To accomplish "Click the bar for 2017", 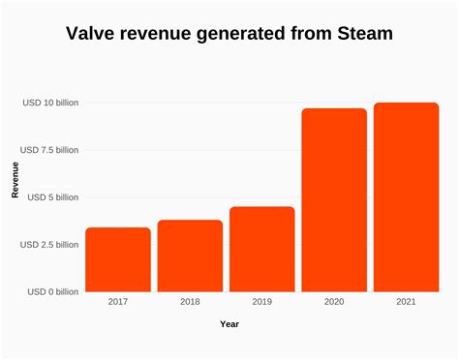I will click(118, 259).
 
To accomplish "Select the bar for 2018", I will click(190, 255).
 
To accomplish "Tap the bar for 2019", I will click(261, 249).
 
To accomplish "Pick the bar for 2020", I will click(334, 199).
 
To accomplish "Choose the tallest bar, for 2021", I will click(406, 196).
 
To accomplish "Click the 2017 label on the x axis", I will click(118, 302).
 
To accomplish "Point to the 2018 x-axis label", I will click(190, 302).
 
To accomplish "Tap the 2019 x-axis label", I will click(261, 302).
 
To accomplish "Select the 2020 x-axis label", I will click(334, 302).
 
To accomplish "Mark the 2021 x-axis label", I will click(406, 302).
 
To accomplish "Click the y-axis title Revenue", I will click(15, 181).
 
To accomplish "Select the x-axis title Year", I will click(229, 324).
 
